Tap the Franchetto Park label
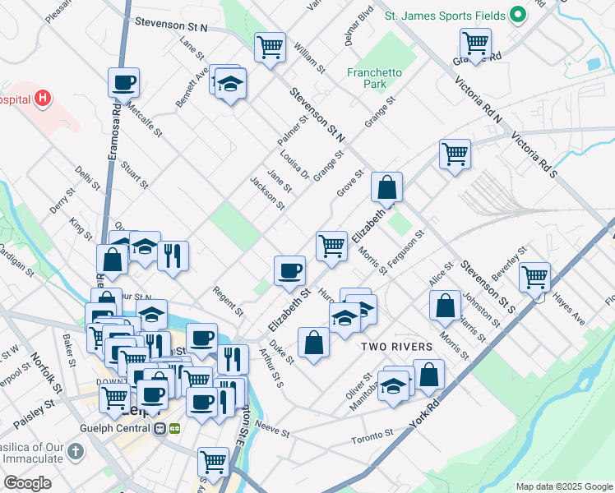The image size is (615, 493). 374,78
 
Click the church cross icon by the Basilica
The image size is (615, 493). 76,451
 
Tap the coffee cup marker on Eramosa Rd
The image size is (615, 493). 123,81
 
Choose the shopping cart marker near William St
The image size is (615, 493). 269,46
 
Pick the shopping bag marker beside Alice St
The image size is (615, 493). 445,305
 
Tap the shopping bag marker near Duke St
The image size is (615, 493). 314,342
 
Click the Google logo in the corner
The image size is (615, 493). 27,483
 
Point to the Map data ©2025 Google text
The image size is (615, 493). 563,486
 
